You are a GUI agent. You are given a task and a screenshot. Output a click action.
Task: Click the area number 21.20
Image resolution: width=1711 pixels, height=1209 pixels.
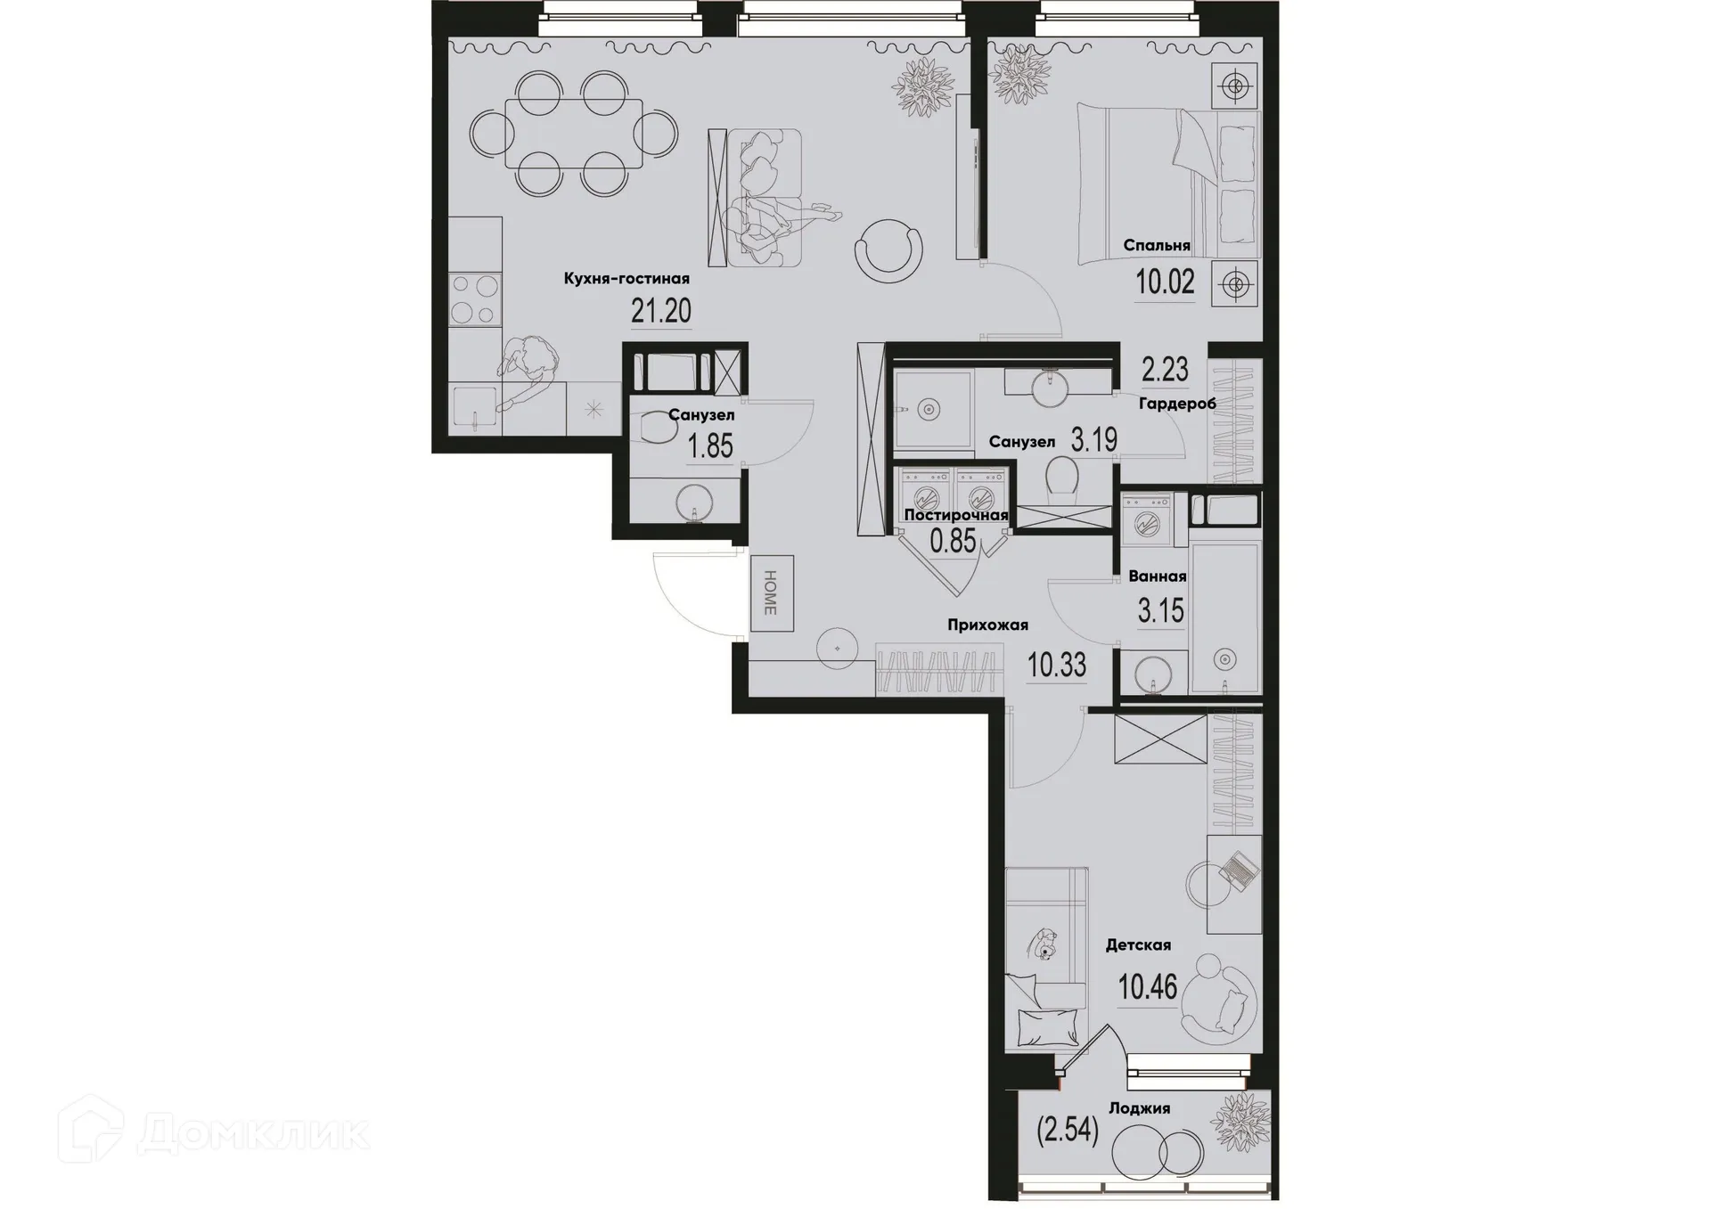661,311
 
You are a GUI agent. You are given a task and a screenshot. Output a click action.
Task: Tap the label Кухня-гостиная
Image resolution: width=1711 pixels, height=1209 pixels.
626,279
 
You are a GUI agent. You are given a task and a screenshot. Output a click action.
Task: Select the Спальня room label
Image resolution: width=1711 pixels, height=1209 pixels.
1157,245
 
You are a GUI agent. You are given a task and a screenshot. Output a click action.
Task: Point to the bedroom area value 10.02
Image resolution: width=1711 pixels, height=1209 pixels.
1165,282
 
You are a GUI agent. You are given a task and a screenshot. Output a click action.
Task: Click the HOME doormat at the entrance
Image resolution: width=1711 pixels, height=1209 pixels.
771,592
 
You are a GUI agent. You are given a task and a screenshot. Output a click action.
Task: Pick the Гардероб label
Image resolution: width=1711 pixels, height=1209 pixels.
1177,404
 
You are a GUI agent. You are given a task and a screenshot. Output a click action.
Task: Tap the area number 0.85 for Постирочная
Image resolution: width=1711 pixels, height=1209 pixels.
953,541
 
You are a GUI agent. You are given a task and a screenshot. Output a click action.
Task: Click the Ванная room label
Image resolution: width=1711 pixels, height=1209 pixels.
1157,576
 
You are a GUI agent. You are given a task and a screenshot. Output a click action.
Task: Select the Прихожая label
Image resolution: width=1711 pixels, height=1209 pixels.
987,625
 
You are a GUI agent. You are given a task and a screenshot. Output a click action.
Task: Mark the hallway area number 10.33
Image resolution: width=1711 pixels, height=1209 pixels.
1057,665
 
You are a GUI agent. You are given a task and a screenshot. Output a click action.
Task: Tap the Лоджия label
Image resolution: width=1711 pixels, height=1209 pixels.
1139,1108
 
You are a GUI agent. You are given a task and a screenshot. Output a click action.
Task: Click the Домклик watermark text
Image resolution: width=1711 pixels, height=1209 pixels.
254,1135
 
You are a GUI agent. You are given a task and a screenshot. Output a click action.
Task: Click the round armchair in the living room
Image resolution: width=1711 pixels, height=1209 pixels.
888,251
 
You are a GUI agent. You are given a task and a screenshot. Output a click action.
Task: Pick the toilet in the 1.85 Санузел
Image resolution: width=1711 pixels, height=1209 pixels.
660,429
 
